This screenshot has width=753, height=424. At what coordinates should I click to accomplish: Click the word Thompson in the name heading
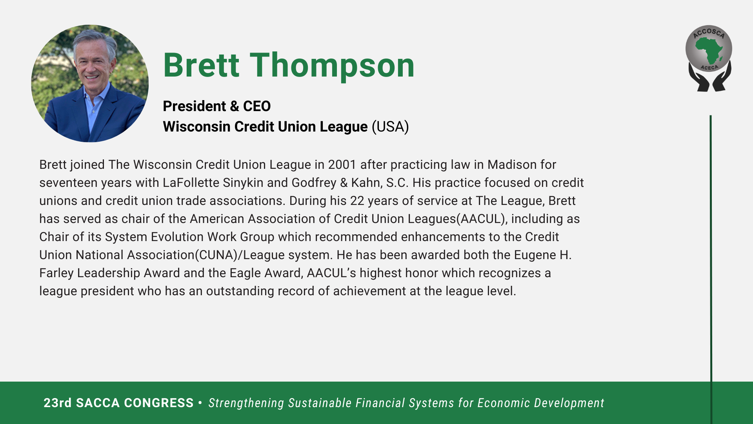pos(332,66)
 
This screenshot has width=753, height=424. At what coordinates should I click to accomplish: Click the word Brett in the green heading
pos(201,65)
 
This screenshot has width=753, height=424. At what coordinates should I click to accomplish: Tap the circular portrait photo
pos(90,83)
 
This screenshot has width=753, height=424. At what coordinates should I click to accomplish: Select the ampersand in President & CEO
pos(235,106)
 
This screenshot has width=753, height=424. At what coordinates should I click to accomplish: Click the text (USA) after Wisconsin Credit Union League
pos(390,127)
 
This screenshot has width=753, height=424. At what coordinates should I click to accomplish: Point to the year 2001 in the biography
pos(342,165)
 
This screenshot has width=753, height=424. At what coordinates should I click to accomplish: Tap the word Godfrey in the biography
pos(314,183)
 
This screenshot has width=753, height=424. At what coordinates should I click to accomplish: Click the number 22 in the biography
pos(357,201)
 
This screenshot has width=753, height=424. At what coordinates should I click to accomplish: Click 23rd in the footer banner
pos(58,403)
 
